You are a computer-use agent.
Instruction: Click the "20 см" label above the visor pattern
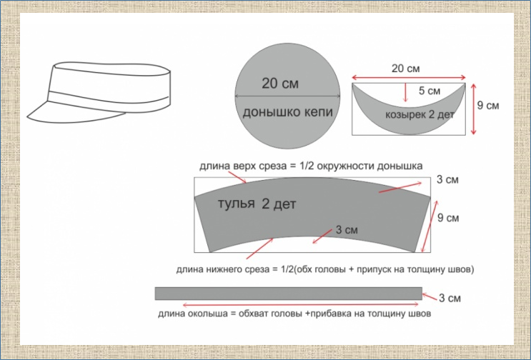pyautogui.click(x=407, y=69)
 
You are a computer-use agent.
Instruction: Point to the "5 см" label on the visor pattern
pyautogui.click(x=429, y=91)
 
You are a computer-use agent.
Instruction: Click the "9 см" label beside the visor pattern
pyautogui.click(x=488, y=105)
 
